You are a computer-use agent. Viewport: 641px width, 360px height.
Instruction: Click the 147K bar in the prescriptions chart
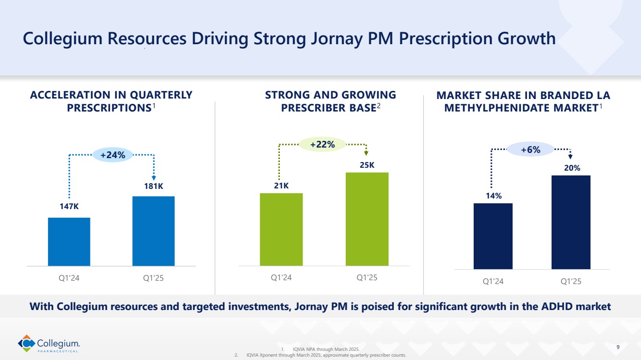click(x=69, y=241)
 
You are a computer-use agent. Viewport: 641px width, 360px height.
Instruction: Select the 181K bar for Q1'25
click(x=153, y=231)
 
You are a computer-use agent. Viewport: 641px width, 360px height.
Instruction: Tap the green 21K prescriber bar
click(x=281, y=229)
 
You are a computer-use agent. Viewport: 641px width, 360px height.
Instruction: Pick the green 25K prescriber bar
click(x=367, y=219)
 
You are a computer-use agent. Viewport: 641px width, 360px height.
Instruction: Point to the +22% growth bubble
click(x=322, y=144)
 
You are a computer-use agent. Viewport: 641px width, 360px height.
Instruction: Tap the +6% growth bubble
click(x=530, y=150)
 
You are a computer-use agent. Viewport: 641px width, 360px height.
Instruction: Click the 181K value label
click(x=153, y=186)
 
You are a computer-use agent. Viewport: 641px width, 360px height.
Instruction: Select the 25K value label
click(x=367, y=165)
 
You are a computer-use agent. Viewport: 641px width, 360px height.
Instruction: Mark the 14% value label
click(x=493, y=196)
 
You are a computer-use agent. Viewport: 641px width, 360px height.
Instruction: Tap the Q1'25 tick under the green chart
click(x=367, y=277)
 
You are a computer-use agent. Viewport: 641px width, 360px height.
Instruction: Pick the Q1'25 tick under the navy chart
click(x=571, y=282)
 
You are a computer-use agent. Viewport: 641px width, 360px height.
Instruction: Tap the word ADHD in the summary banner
click(x=552, y=306)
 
